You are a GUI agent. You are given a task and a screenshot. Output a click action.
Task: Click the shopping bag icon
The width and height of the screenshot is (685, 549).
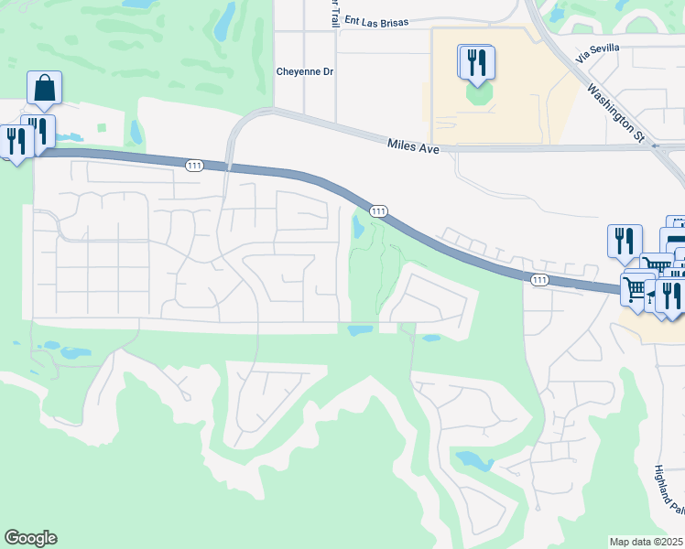[44, 89]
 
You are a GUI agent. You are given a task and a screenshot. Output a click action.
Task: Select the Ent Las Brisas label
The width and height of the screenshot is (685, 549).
[375, 20]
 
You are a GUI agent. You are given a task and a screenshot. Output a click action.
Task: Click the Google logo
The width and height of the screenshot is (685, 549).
[30, 538]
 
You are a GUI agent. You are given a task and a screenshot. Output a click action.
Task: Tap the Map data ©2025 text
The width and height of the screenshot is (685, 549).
[647, 542]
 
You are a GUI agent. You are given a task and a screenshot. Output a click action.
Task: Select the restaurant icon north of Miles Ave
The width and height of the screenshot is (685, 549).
[476, 61]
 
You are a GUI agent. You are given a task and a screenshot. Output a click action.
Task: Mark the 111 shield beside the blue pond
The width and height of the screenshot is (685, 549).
[377, 211]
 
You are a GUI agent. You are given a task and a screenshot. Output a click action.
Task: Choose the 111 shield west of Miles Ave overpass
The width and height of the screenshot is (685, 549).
[193, 165]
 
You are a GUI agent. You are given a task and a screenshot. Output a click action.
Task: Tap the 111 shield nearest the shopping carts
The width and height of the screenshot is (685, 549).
[539, 278]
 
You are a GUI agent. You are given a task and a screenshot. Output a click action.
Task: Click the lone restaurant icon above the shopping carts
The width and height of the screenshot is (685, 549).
[625, 241]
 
